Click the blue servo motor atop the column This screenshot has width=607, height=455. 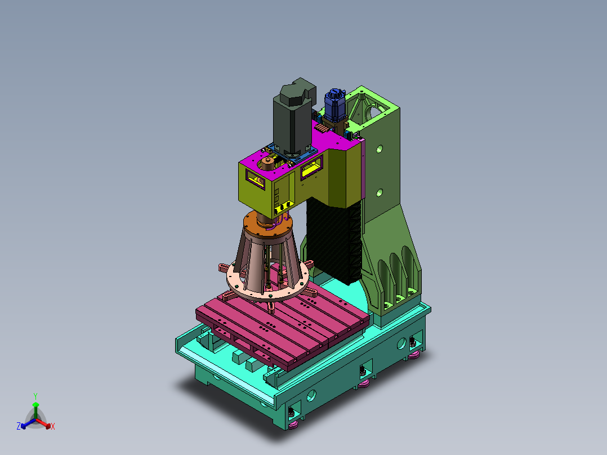334,105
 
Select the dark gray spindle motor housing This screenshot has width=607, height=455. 293,116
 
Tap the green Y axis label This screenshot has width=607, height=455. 35,396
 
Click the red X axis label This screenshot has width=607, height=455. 53,426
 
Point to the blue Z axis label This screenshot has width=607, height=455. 18,426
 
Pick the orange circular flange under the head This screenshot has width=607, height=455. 268,225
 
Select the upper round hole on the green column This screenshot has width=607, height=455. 380,149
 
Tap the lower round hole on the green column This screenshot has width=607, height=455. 380,192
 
